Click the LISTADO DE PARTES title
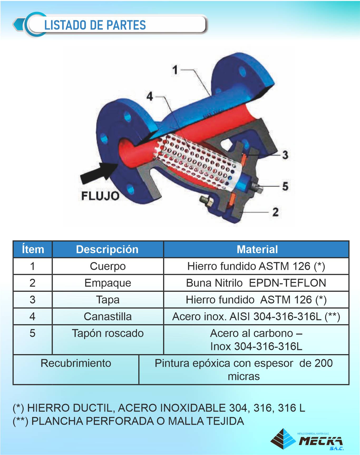tap(95, 25)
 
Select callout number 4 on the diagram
tap(150, 96)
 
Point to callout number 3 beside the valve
tap(285, 155)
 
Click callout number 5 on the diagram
tap(285, 186)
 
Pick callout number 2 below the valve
tap(275, 212)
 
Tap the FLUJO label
tap(100, 196)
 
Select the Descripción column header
tap(107, 249)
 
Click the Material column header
tap(257, 249)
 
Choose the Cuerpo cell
tap(108, 266)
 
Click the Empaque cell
tap(108, 283)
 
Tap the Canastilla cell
tap(108, 316)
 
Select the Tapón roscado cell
tap(108, 333)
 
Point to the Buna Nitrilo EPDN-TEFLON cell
tap(256, 283)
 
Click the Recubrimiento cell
tap(76, 363)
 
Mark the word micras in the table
tap(244, 377)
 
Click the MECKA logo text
tap(320, 441)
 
